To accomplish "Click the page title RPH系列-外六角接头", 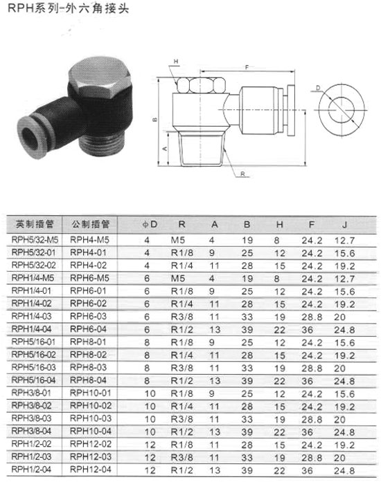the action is [68, 8].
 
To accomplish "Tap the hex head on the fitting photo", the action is [100, 77].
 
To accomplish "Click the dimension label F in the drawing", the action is [247, 67].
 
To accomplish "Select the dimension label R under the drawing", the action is [242, 174].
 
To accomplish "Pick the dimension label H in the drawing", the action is [176, 62].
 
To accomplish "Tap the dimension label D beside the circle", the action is [318, 89].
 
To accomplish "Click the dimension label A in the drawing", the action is [165, 149].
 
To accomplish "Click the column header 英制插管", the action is [35, 224].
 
